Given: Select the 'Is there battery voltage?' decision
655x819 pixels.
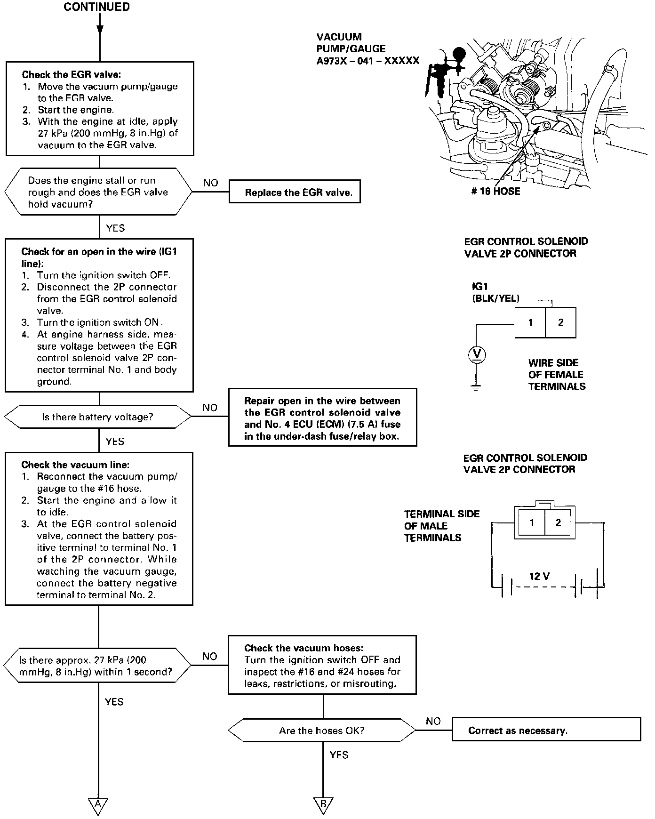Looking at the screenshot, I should click(98, 417).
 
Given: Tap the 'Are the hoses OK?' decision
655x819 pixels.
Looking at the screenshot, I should click(322, 731).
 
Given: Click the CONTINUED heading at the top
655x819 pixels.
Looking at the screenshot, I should click(97, 7).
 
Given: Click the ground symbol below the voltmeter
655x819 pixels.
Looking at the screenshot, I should click(476, 388).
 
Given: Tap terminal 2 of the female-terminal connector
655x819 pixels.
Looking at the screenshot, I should click(560, 323).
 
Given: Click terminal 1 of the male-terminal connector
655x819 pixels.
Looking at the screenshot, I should click(531, 522).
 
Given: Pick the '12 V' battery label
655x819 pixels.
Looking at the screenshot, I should click(539, 576).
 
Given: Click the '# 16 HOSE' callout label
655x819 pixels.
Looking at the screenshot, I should click(495, 192).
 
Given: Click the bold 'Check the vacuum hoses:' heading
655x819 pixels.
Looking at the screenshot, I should click(304, 648).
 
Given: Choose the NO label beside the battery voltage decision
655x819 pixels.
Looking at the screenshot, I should click(210, 408).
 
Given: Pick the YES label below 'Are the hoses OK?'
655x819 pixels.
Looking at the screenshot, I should click(339, 755).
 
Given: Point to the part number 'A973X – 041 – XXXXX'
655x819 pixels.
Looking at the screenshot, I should click(367, 61).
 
